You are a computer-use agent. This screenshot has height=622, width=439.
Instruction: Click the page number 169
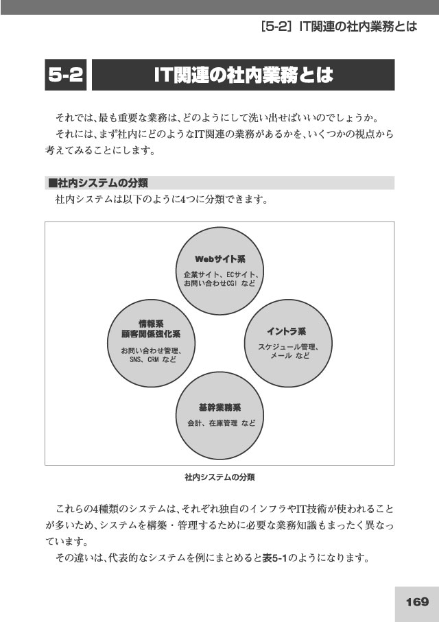coord(417,601)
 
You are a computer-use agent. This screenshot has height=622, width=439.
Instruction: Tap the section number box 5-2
coord(65,75)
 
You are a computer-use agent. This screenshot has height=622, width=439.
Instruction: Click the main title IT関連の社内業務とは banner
coord(244,75)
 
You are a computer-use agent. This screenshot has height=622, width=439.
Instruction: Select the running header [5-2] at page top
coord(274,27)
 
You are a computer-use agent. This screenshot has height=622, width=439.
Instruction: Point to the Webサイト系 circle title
coord(220,259)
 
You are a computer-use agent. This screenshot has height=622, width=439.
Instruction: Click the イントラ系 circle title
coord(286,331)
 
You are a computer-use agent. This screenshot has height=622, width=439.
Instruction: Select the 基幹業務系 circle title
coord(220,408)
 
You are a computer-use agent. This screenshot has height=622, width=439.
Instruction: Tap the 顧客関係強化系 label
coord(151,334)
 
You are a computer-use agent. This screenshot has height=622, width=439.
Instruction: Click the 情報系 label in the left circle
coord(151,324)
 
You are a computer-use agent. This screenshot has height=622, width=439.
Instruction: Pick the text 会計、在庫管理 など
coord(221,423)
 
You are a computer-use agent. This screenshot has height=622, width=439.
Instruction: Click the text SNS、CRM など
coord(153,360)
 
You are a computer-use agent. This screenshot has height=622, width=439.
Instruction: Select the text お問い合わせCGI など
coord(219,283)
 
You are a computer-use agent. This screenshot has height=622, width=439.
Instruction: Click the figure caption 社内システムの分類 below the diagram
coord(219,477)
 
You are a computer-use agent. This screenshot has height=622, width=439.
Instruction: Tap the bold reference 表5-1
coord(274,558)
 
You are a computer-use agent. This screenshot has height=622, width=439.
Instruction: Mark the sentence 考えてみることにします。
coord(100,150)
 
